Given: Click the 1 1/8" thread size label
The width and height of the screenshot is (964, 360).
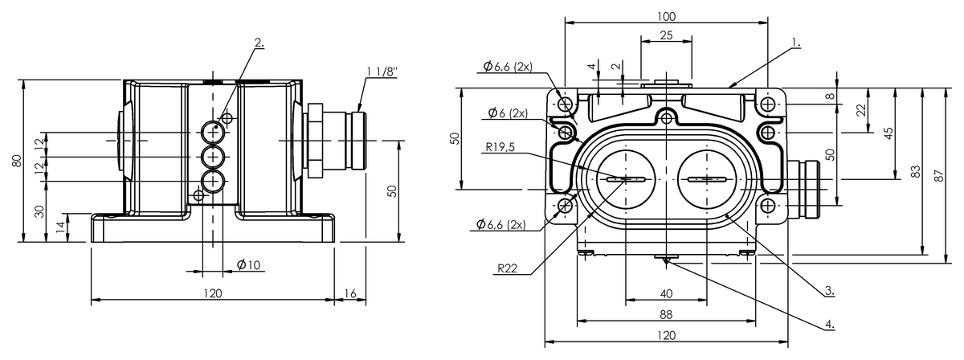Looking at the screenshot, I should pos(382,72).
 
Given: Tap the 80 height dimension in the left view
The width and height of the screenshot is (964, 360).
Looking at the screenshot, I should pos(16,160).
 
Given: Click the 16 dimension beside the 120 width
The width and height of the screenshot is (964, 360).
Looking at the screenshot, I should pos(349,293).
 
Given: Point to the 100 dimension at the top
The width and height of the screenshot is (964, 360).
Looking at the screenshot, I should pos(666,16).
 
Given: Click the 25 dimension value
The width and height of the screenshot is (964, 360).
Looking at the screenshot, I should pos(666,35).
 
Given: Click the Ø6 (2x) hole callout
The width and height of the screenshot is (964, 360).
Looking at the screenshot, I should pos(506,112).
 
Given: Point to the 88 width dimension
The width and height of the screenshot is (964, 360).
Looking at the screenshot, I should pos(666,314).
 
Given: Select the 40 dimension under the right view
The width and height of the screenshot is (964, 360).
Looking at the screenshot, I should pos(666,293).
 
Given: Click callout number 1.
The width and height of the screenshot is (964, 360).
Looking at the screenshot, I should pos(794,40).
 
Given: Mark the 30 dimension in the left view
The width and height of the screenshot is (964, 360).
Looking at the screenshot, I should pos(38,210).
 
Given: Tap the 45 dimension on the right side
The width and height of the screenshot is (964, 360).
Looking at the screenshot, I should pos(888,133).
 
